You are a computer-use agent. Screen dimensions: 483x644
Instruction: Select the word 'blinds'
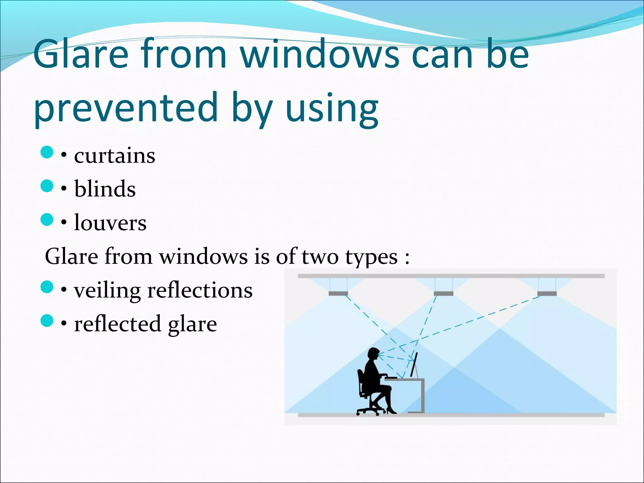pos(105,189)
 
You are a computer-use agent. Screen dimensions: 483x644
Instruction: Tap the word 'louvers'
pos(110,223)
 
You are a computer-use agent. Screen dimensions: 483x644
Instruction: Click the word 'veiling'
pos(107,291)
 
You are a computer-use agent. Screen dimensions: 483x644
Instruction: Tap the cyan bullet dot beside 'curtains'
pos(47,152)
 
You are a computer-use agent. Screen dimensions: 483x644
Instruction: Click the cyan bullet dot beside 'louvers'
pos(47,219)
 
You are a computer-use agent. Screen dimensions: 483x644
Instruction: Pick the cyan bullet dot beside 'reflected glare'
pos(47,321)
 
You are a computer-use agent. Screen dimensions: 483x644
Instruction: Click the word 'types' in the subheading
pos(371,257)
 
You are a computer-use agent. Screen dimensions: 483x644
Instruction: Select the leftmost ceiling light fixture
pos(338,293)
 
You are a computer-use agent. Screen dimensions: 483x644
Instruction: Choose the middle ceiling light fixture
pos(443,293)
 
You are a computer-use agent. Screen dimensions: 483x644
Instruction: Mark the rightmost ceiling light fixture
pos(547,293)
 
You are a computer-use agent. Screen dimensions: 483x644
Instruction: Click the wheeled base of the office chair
pos(371,410)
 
